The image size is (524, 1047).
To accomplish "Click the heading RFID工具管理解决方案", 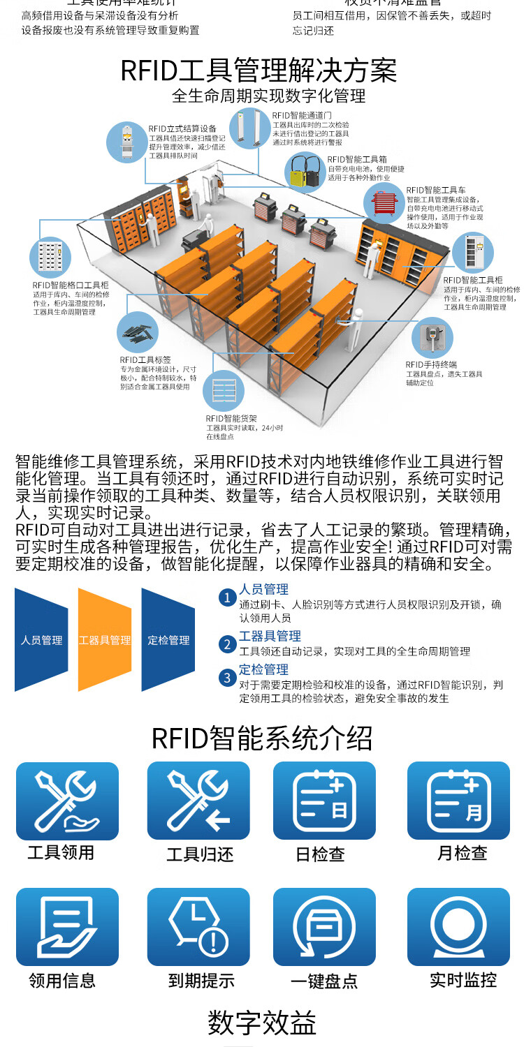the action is [259, 70].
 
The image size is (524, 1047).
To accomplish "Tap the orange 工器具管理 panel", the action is [105, 639].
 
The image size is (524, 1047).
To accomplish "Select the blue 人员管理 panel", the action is [42, 639].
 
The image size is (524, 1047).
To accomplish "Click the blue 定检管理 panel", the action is [168, 639].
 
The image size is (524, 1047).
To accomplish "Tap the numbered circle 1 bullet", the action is [226, 597].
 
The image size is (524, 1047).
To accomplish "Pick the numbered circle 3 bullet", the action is [226, 677].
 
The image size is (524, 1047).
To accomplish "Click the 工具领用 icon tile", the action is [67, 801].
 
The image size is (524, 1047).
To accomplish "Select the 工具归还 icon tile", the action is [198, 801].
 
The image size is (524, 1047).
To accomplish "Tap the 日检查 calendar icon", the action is [324, 801].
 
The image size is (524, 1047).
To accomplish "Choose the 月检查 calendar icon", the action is [458, 801].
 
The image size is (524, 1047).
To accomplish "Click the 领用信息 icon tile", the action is [67, 926].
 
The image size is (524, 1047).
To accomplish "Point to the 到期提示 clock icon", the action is [198, 926].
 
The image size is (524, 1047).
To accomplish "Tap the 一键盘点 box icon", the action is [324, 926].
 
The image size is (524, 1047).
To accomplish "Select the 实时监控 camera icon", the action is [458, 926].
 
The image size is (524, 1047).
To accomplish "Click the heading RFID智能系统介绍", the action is [262, 738].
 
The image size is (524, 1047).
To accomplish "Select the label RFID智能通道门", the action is [301, 114].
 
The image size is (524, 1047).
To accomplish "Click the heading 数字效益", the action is [262, 1023].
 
